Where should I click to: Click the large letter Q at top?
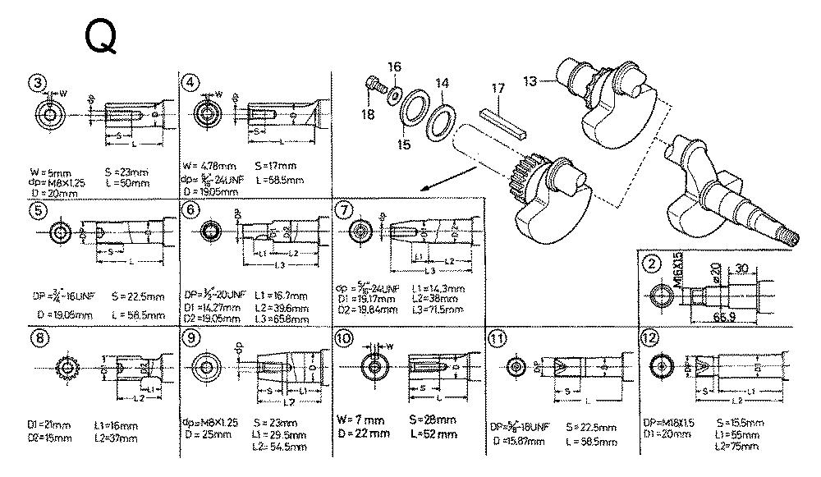[101, 38]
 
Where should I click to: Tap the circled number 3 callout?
[35, 82]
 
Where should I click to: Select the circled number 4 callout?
[190, 82]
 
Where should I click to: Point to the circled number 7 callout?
[344, 209]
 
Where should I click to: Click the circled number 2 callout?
[652, 264]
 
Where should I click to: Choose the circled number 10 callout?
[344, 337]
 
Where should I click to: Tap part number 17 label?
[497, 88]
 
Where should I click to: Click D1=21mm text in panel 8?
[48, 425]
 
